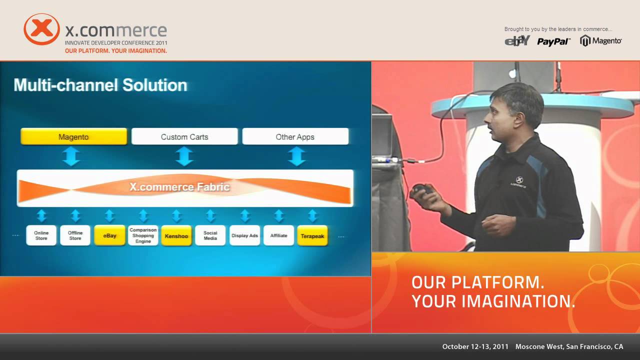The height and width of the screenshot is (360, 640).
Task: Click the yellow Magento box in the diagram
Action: pos(73,136)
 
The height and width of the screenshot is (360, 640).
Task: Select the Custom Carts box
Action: pos(184,136)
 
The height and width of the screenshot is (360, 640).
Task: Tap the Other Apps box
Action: pos(295,136)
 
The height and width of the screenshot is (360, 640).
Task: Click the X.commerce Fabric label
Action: pos(179,187)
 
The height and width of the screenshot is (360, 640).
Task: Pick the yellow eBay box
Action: pos(109,235)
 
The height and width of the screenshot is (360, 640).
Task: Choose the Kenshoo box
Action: pos(176,235)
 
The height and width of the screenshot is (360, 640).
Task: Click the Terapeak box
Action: pos(312,235)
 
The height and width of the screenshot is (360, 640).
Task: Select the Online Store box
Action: pos(41,235)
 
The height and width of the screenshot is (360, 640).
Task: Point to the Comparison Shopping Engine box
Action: pos(143,235)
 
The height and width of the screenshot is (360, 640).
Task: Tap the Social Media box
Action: pos(210,235)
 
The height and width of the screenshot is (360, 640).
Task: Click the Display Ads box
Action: pos(244,235)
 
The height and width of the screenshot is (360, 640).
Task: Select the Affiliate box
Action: pos(278,235)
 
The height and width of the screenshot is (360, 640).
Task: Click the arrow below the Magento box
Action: pos(71,156)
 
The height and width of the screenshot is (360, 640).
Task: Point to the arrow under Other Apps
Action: pos(297,156)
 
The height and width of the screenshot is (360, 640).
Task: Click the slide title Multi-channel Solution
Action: pos(100,85)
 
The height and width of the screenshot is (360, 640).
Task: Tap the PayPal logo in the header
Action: pos(553,41)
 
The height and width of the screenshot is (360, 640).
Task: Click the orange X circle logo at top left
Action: pos(42,29)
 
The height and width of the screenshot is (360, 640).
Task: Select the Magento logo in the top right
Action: pos(601,41)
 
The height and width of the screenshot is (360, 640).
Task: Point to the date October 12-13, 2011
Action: pos(475,346)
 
